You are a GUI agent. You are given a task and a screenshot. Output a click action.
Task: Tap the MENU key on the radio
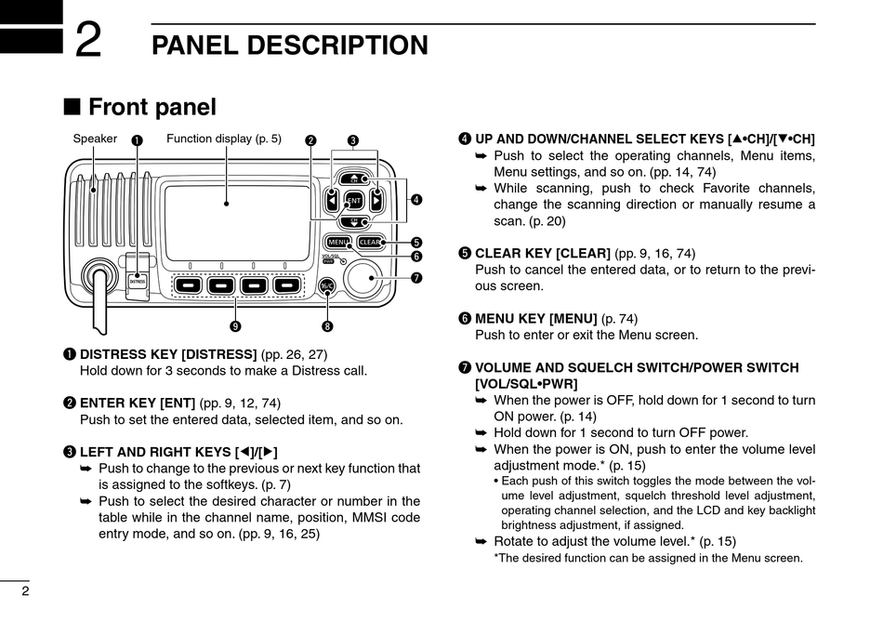338,243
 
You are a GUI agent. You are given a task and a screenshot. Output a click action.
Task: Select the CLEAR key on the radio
370,243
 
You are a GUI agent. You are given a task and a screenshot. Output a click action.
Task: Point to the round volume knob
370,281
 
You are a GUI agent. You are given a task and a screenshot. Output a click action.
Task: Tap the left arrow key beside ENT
333,200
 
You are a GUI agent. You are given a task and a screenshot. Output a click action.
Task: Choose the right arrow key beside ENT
376,200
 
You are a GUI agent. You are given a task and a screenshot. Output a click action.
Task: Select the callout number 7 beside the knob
416,278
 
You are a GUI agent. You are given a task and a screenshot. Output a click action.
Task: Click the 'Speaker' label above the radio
95,139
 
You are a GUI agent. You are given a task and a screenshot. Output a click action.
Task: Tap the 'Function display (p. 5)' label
224,139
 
